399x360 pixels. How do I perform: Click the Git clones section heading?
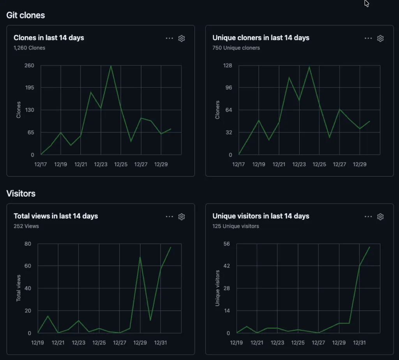26,15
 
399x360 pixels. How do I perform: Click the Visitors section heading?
21,193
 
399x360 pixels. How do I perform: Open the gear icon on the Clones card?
182,38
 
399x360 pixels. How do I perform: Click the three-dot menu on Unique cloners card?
368,38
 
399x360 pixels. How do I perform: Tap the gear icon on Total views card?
182,216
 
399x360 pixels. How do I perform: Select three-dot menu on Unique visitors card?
368,216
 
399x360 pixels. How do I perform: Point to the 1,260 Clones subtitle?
30,48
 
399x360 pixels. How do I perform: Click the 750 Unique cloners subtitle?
236,48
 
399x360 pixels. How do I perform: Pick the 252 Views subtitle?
26,226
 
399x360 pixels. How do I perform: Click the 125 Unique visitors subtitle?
236,226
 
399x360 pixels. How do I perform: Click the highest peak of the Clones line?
111,65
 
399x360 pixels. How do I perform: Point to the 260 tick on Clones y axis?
30,65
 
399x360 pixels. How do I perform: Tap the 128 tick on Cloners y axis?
227,65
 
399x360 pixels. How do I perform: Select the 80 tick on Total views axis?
27,244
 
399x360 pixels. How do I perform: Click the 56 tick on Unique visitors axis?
226,244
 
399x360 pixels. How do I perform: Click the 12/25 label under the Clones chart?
121,164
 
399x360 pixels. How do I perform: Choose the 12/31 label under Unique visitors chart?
359,342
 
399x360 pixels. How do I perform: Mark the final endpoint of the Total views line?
171,247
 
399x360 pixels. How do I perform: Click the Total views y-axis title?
18,288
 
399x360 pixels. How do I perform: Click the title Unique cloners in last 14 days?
261,38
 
